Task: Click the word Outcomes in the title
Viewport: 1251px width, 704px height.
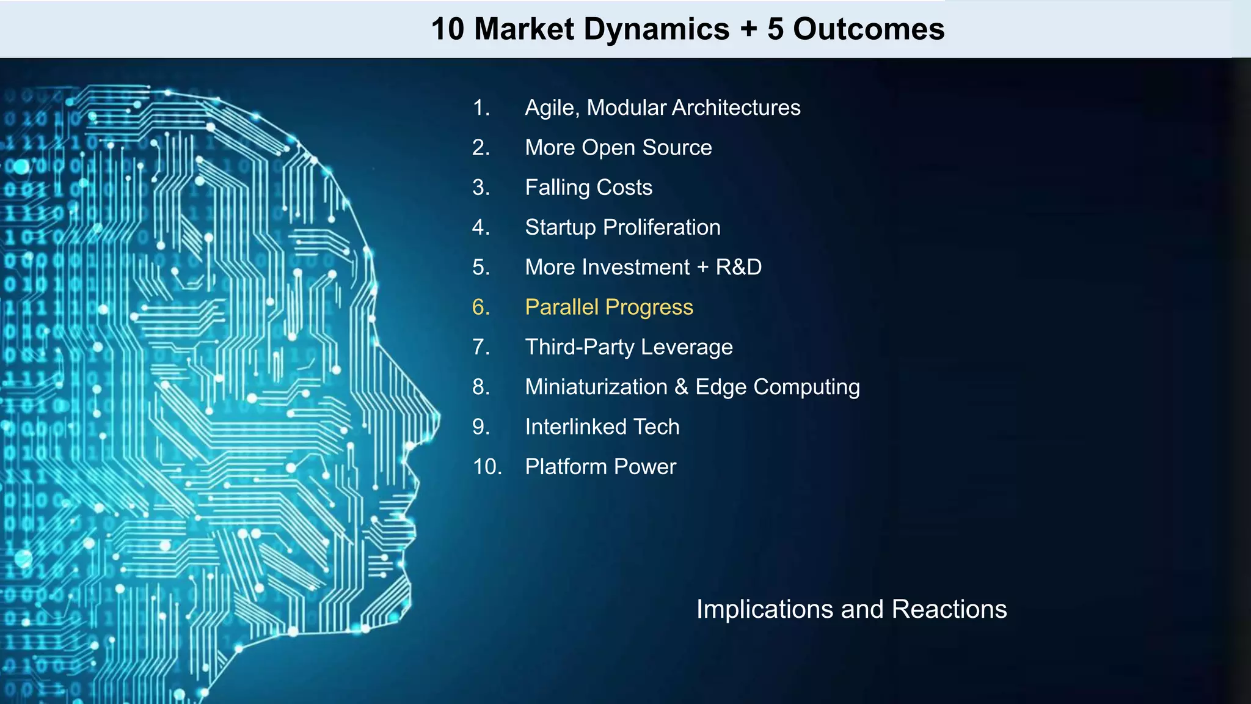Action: coord(868,29)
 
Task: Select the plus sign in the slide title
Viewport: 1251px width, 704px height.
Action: coord(748,29)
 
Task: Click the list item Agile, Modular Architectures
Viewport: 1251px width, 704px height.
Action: coord(662,108)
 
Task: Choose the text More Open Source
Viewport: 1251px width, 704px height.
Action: coord(618,147)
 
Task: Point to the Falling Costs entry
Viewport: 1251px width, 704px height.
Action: coord(588,187)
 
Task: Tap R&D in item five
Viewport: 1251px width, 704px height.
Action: coord(739,267)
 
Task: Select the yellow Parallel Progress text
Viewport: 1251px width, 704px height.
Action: coord(609,307)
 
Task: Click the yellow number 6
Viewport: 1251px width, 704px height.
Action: coord(480,307)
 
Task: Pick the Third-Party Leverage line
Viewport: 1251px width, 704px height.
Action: coord(629,346)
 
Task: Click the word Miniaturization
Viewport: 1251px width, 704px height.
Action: coord(596,387)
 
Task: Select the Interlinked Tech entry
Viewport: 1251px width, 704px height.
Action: coord(602,427)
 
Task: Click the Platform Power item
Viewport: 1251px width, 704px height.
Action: coord(600,466)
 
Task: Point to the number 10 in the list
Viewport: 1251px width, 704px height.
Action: coord(487,466)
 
